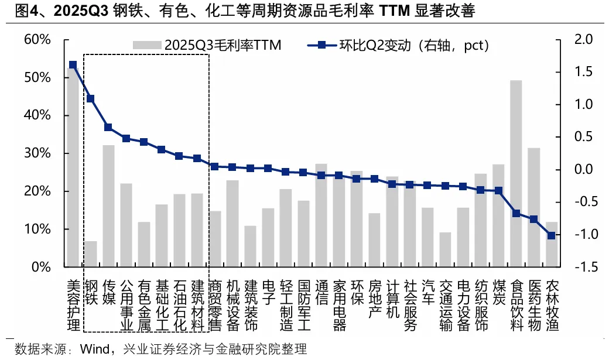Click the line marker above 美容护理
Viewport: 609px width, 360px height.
coord(73,65)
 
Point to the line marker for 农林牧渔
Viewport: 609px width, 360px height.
coord(551,235)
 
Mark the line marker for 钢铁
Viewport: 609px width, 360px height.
coord(90,99)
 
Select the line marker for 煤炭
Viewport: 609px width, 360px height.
coord(498,190)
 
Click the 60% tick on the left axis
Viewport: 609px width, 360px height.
coord(37,40)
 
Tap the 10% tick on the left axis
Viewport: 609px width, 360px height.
coord(37,229)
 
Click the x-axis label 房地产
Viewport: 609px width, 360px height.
coord(374,299)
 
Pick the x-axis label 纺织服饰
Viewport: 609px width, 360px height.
coord(480,305)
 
